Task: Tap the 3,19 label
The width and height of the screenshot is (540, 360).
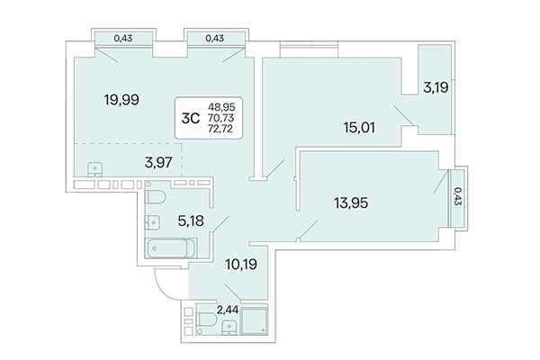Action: (438, 87)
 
